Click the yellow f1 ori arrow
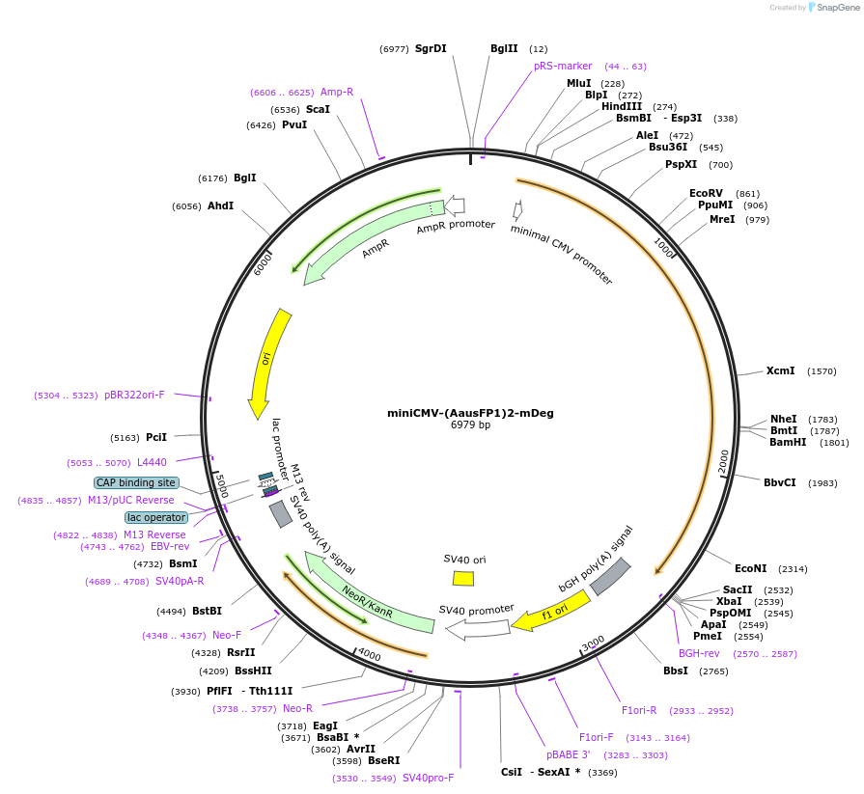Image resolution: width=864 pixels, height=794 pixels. tap(551, 612)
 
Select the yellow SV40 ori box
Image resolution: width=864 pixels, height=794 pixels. tap(463, 578)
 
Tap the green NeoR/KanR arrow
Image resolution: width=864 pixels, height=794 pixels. tap(368, 594)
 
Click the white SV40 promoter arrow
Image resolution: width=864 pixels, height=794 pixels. tap(474, 629)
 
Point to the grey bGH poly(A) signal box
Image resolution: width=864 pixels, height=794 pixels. tap(610, 576)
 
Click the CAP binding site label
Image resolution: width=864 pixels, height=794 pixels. tap(135, 482)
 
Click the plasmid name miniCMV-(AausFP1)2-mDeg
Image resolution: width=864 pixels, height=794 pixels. tap(470, 413)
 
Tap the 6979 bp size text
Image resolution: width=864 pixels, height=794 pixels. tap(470, 424)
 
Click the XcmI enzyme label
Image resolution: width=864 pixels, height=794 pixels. tap(780, 370)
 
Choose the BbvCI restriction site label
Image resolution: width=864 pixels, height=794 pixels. tap(780, 482)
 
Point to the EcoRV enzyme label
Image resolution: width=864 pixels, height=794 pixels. tap(706, 193)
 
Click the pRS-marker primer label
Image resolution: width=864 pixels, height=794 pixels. tap(563, 66)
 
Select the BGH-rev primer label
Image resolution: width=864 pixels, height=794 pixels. tap(699, 653)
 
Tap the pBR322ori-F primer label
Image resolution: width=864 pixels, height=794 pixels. tap(134, 395)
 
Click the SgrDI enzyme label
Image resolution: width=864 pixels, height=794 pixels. tap(431, 48)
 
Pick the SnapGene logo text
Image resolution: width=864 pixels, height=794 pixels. tap(833, 8)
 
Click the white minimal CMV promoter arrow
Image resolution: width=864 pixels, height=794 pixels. tap(518, 209)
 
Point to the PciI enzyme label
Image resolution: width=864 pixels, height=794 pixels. tap(156, 437)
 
